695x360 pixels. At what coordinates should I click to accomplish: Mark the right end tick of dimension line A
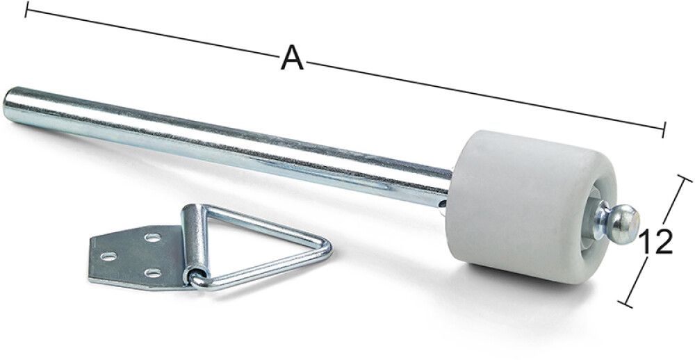click(x=664, y=129)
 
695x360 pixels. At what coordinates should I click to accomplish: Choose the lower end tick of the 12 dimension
click(x=627, y=301)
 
